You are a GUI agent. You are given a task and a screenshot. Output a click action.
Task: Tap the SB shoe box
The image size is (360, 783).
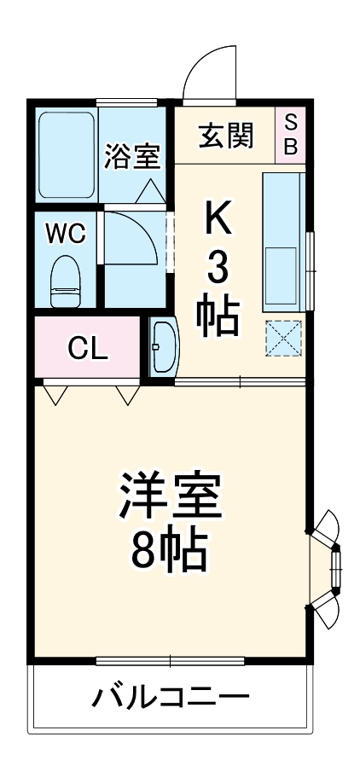290,134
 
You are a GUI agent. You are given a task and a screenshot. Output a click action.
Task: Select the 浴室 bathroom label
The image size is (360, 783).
133,157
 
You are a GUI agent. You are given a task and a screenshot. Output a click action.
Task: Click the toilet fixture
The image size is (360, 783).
65,281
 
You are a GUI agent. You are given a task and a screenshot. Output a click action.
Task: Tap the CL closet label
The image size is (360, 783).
88,348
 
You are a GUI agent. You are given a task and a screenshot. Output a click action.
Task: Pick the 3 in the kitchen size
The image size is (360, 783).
218,270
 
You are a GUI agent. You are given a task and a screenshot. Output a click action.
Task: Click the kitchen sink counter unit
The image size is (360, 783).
282,241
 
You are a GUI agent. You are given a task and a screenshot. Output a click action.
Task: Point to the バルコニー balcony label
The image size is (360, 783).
171,698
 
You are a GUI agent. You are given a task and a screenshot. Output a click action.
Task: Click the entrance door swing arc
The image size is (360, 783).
209,72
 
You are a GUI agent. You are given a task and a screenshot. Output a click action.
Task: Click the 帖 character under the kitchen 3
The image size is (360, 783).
218,319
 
